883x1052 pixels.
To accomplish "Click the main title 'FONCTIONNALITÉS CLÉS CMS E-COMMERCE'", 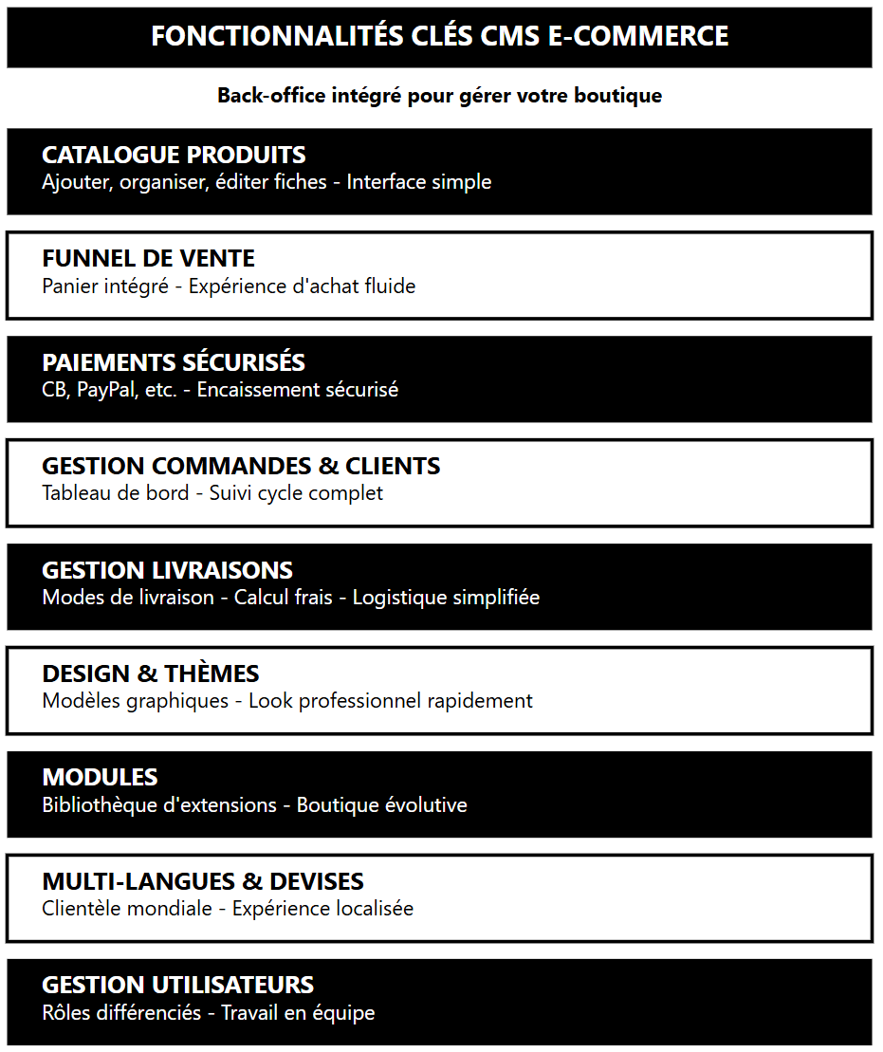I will click(x=439, y=37).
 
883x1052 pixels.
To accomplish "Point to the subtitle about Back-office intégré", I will click(x=439, y=96).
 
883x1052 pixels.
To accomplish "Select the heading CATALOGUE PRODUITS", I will click(x=174, y=155).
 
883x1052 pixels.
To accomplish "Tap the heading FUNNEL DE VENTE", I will click(x=148, y=258).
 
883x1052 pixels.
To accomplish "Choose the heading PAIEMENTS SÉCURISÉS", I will click(x=174, y=362).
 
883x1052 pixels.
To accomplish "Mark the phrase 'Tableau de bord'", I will click(x=116, y=493).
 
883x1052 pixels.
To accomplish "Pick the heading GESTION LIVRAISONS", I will click(x=167, y=570).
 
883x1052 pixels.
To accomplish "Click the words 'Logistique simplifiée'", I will click(x=446, y=598).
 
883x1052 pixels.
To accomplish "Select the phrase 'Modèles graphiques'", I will click(x=135, y=701).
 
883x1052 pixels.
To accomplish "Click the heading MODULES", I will click(x=100, y=777).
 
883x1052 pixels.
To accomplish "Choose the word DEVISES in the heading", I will click(x=317, y=881).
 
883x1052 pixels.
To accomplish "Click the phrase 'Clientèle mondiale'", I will click(x=127, y=909).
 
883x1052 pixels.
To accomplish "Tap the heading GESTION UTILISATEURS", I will click(x=177, y=985).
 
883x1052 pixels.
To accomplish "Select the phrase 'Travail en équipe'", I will click(x=298, y=1013).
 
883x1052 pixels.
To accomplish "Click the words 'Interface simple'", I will click(x=419, y=182).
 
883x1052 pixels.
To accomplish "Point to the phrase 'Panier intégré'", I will click(x=105, y=286).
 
